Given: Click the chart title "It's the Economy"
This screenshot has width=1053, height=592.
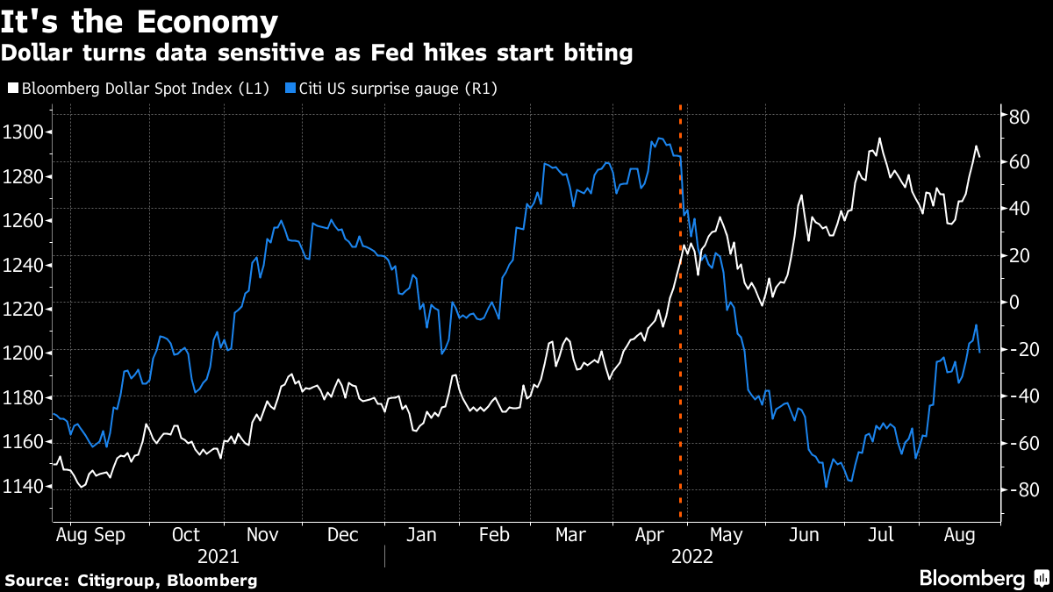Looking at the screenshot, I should pos(140,21).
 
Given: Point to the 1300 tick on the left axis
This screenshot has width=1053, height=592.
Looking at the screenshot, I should pos(27,132).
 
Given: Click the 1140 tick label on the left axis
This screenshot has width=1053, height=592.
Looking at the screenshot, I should pos(27,487).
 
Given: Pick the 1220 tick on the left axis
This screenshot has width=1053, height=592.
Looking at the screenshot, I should pos(27,309).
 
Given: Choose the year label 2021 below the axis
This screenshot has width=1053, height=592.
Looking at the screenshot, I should pos(218,556).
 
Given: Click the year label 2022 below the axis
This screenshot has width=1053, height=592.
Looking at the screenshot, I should pos(691,556).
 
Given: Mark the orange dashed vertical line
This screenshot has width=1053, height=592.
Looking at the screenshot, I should pos(681,351).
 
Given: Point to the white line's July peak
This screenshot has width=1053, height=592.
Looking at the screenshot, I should pos(879,139).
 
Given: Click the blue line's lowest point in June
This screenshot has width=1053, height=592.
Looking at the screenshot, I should pos(826,487).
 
